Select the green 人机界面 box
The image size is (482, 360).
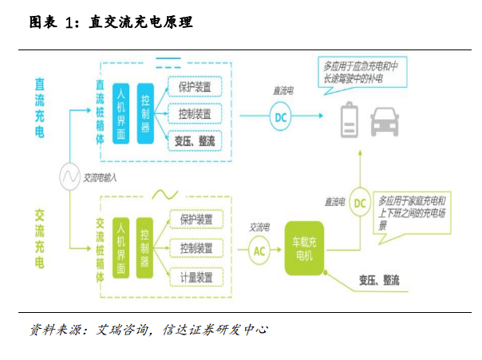[120, 247]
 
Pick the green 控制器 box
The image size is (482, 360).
[144, 247]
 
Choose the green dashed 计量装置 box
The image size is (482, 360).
[196, 277]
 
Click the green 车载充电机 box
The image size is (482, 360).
[305, 247]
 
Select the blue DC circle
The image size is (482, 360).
[280, 118]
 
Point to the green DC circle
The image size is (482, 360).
[360, 203]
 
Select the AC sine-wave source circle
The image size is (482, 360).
[68, 177]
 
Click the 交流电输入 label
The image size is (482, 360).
[100, 178]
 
